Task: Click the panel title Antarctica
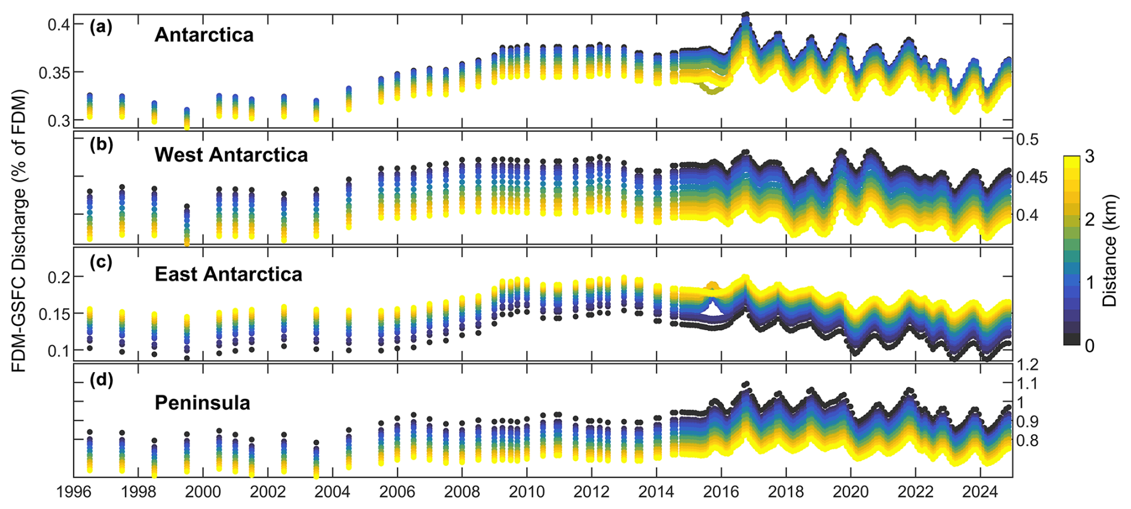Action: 204,35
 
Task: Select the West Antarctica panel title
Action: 231,155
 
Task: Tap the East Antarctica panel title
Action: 228,274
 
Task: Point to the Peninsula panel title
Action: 202,403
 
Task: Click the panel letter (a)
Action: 100,26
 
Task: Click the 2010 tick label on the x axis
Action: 527,492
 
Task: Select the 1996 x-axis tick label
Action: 74,492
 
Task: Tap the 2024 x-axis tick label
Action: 980,492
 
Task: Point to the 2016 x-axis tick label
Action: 721,492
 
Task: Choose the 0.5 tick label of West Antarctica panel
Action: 1028,139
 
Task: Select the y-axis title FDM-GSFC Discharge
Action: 19,230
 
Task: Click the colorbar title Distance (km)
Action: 1110,250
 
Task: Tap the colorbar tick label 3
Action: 1090,157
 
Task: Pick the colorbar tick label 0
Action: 1090,345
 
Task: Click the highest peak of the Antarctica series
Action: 745,15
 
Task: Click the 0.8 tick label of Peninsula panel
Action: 1028,441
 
